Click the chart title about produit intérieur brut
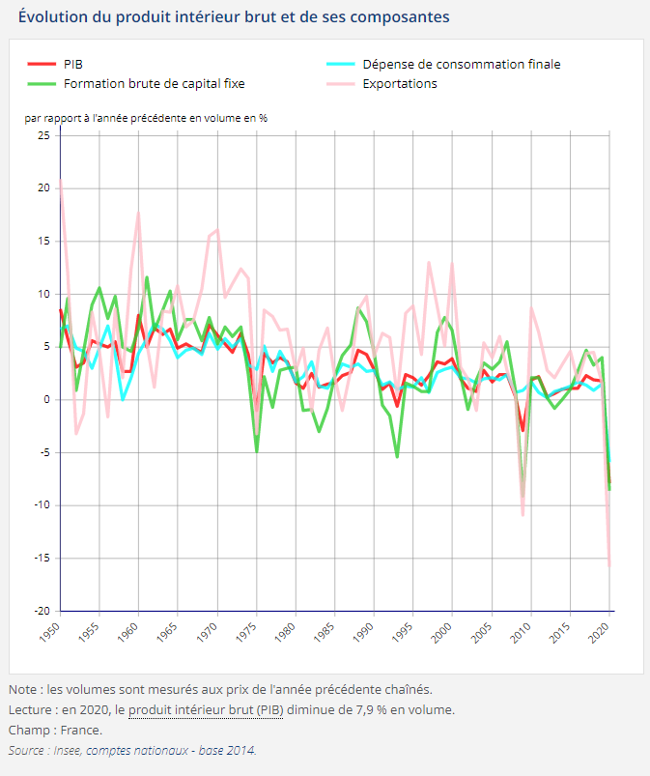[x=234, y=17]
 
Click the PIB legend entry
[x=72, y=64]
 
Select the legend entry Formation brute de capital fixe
[x=154, y=83]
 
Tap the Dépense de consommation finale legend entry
[x=461, y=64]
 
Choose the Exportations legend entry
[x=400, y=83]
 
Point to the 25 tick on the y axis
[x=43, y=135]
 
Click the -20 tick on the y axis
[x=41, y=611]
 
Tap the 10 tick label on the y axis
[x=43, y=294]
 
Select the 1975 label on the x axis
[x=248, y=634]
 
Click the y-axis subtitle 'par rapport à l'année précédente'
[x=145, y=118]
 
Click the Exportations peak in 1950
[x=61, y=181]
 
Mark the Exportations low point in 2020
[x=609, y=564]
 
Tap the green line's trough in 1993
[x=397, y=456]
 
